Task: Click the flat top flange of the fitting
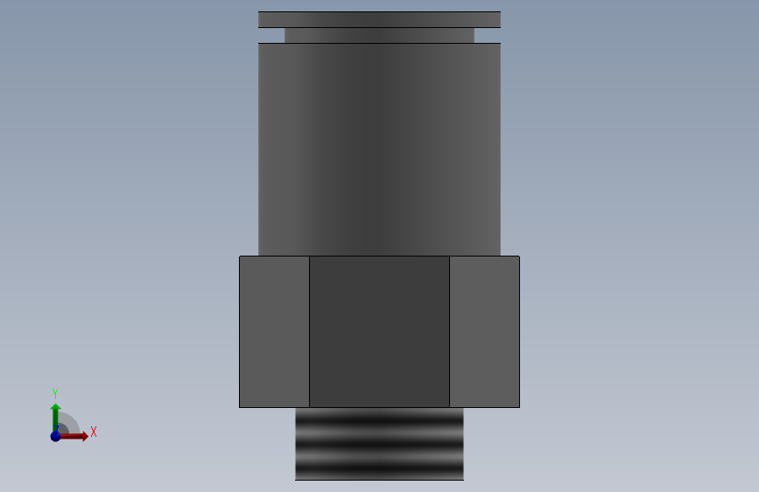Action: pyautogui.click(x=380, y=19)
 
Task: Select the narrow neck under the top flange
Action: pyautogui.click(x=380, y=35)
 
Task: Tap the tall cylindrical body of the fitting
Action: pyautogui.click(x=380, y=149)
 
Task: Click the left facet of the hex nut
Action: pyautogui.click(x=275, y=332)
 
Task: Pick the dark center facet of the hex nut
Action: pyautogui.click(x=380, y=332)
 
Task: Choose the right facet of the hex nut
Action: pyautogui.click(x=484, y=332)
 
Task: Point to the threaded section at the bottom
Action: pyautogui.click(x=380, y=444)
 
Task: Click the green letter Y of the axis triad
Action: pyautogui.click(x=55, y=394)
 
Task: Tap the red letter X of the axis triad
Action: pyautogui.click(x=94, y=432)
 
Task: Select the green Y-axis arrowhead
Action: pyautogui.click(x=56, y=408)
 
